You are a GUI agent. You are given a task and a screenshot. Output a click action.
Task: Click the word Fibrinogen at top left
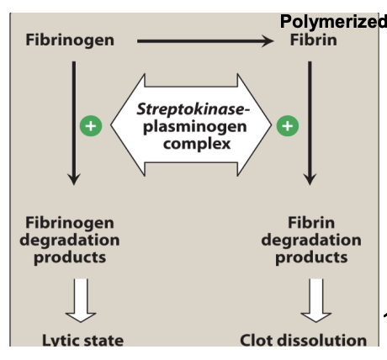click(x=70, y=40)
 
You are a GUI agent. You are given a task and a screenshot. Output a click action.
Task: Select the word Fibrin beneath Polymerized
click(x=313, y=40)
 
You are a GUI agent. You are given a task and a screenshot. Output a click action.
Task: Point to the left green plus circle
click(x=90, y=126)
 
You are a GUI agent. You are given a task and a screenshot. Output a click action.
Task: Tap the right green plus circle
click(x=288, y=126)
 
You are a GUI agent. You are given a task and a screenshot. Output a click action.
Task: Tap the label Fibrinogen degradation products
click(x=70, y=241)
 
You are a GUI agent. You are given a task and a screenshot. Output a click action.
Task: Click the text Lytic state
click(x=82, y=341)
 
